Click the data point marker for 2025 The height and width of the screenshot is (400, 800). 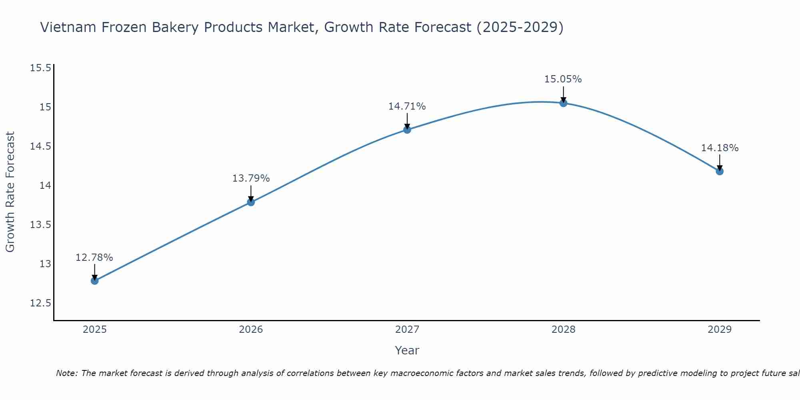tap(94, 281)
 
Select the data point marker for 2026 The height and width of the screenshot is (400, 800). tap(251, 202)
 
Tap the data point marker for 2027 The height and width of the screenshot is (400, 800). tap(407, 130)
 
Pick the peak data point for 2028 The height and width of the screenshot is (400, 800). tap(563, 103)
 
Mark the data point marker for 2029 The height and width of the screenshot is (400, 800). tap(720, 171)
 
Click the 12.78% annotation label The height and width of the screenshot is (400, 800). tap(94, 258)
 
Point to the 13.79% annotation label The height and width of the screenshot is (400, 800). tap(251, 178)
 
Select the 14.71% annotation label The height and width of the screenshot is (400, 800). tap(407, 106)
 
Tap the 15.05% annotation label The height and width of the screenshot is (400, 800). tap(563, 79)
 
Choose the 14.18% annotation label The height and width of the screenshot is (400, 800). tap(720, 148)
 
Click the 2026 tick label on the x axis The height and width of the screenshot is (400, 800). tap(251, 330)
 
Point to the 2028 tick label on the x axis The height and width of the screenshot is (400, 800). tap(563, 330)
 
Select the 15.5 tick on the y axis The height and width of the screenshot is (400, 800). tap(41, 68)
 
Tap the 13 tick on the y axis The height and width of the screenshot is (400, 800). tap(45, 264)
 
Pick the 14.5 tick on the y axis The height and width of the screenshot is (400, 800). tap(41, 146)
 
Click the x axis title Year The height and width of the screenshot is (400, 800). tap(407, 350)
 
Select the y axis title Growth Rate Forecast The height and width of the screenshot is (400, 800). tap(10, 192)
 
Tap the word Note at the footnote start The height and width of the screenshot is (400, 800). tap(64, 373)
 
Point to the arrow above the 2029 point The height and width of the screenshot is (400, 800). tap(720, 162)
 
